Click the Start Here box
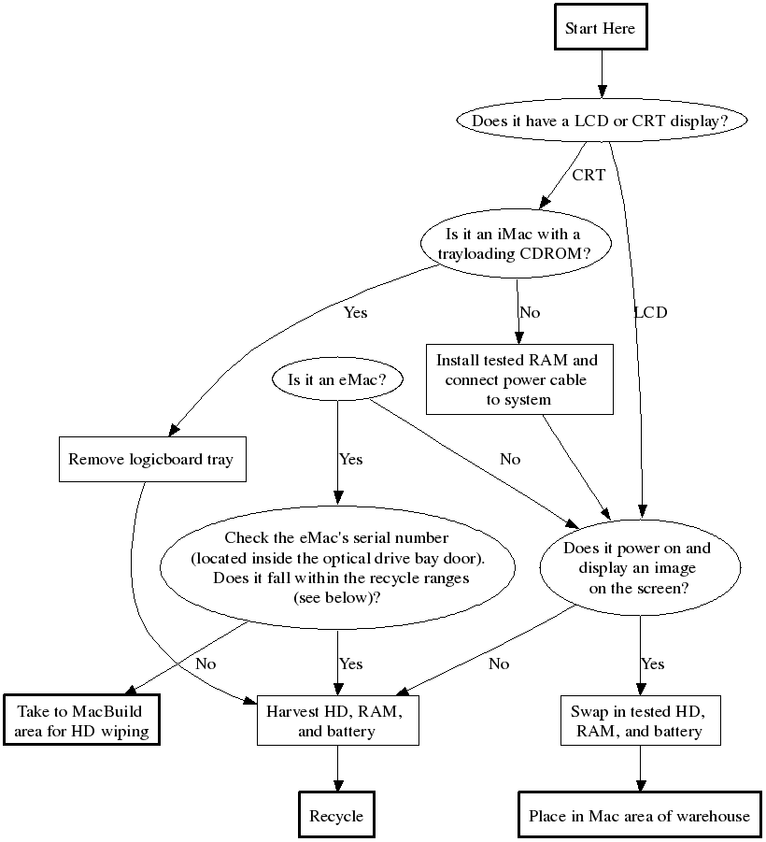click(600, 28)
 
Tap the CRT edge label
click(589, 175)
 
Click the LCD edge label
click(651, 312)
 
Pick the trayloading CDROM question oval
click(513, 244)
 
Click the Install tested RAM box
click(519, 379)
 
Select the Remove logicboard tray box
click(151, 459)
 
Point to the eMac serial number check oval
click(337, 567)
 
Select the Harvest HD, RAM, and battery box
click(336, 721)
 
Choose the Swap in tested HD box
click(640, 721)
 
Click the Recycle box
click(336, 816)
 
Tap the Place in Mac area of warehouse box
click(639, 816)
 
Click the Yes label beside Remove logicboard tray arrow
click(355, 312)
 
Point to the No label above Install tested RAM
click(530, 312)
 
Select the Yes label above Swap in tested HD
click(652, 664)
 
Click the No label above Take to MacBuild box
click(206, 664)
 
